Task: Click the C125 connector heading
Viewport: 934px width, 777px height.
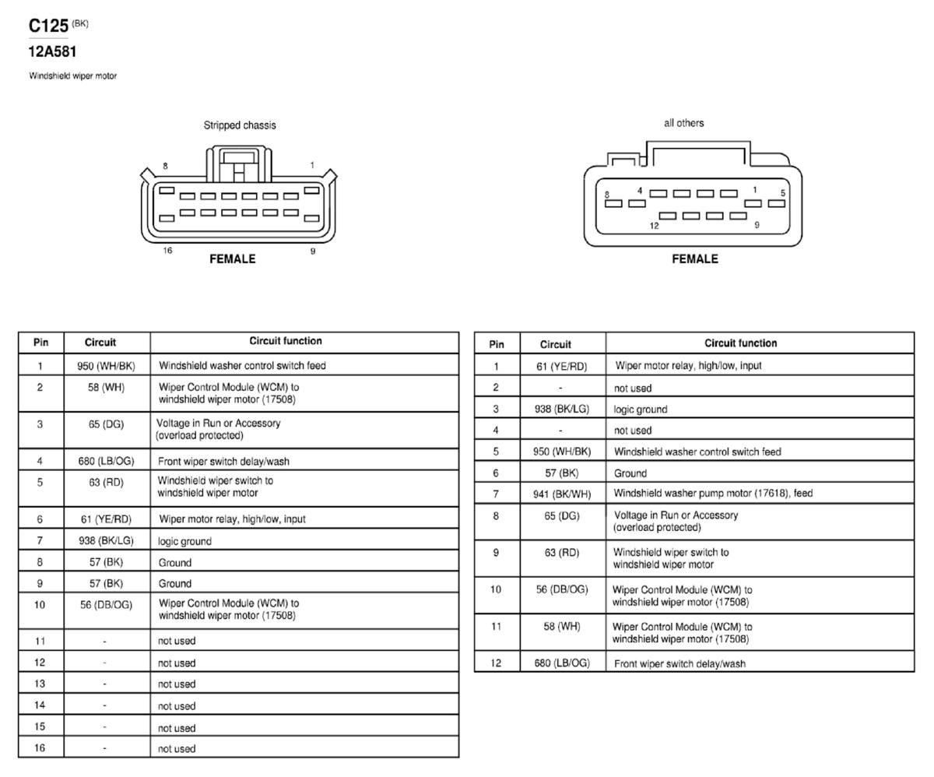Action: [48, 26]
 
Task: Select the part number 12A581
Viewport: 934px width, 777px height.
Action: [52, 52]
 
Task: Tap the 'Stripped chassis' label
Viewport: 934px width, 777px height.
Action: [240, 125]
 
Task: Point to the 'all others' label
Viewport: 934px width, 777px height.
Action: [683, 123]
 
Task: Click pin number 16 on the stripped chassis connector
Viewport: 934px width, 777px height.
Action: [167, 250]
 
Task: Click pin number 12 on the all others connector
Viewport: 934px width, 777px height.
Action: [654, 226]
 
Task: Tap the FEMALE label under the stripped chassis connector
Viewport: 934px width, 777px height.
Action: [233, 258]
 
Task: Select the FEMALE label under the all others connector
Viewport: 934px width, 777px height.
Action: [695, 258]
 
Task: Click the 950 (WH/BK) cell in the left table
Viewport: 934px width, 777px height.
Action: [106, 366]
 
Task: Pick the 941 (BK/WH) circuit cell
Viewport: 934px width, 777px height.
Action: [562, 494]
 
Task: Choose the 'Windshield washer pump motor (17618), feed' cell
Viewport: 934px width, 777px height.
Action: [713, 494]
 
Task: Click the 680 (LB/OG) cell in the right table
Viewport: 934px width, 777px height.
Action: [562, 663]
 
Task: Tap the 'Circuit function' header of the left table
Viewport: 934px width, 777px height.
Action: [286, 341]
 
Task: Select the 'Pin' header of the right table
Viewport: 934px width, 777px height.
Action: [497, 344]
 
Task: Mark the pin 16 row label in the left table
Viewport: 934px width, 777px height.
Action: [40, 747]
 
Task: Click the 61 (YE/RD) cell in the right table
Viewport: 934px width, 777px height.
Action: [561, 366]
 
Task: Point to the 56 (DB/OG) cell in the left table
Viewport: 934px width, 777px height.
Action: [106, 605]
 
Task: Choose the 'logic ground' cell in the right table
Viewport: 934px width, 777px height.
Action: [640, 410]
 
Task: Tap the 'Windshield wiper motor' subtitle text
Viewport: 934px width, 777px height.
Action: [73, 76]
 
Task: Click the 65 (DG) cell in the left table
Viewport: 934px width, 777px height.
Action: [106, 424]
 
